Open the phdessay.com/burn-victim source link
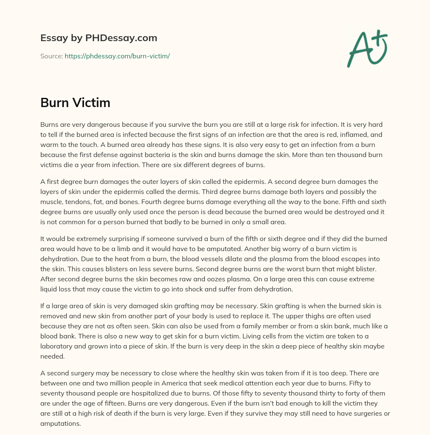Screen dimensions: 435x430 (x=117, y=56)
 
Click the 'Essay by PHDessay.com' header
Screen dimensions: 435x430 (x=99, y=38)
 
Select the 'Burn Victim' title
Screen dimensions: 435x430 (x=75, y=102)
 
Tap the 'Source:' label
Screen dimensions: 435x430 (x=52, y=56)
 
